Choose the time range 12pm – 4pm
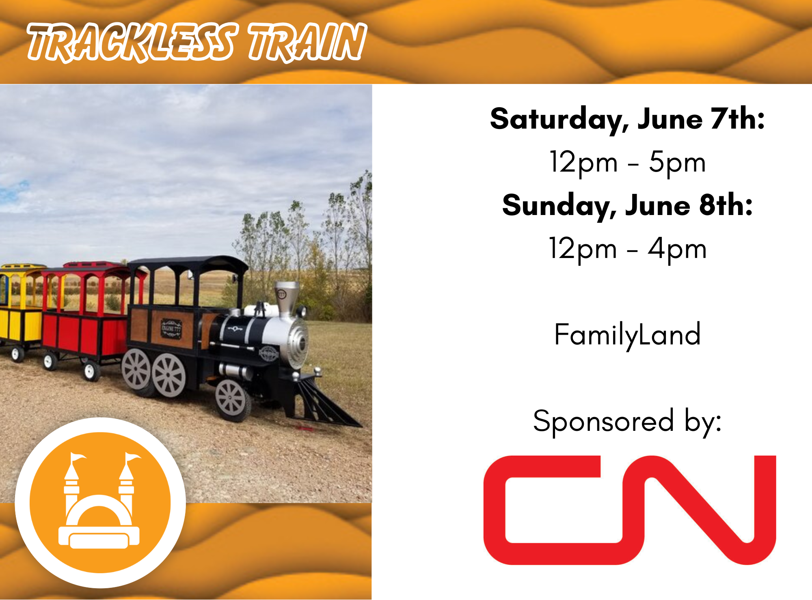[627, 249]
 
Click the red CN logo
[629, 510]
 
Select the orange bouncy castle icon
[100, 503]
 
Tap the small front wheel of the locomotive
[231, 400]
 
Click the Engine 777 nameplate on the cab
[171, 329]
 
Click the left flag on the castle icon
[78, 458]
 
